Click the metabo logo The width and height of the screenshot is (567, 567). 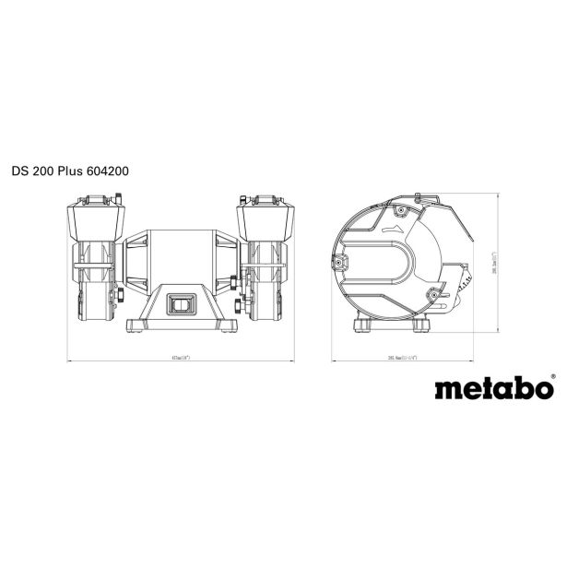pos(492,387)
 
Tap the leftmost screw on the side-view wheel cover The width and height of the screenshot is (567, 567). pos(341,265)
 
